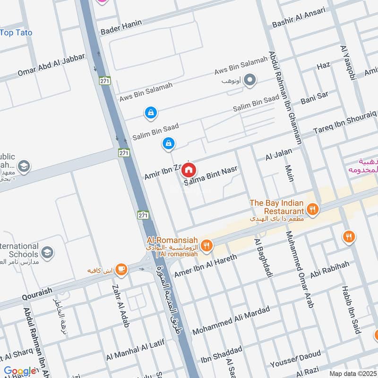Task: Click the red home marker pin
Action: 189,170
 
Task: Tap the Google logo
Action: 20,371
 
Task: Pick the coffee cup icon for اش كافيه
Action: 121,269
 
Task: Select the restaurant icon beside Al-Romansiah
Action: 206,245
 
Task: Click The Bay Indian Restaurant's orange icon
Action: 311,208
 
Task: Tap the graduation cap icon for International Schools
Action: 47,253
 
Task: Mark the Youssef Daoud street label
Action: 295,359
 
